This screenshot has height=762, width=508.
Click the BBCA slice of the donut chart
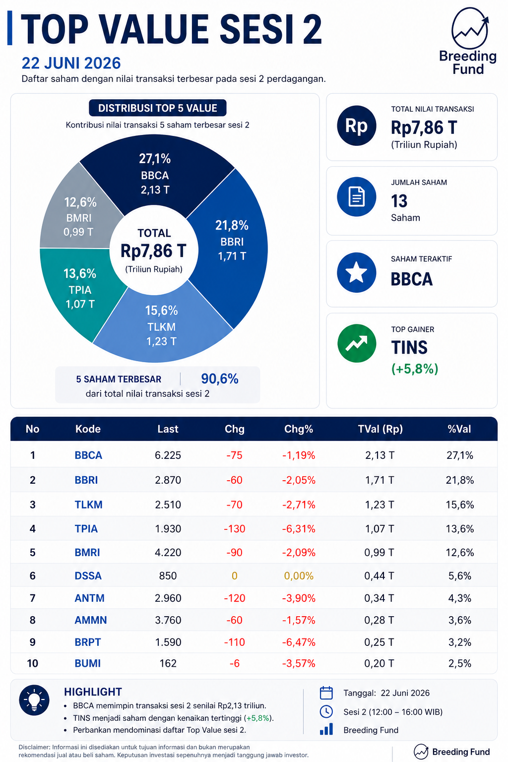coord(155,174)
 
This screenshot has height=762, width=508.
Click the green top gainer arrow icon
coord(357,343)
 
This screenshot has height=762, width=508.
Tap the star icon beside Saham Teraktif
coord(357,272)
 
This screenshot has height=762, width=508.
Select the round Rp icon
coord(357,126)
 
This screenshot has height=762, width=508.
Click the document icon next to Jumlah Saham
coord(357,196)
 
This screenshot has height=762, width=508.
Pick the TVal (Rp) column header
coord(380,429)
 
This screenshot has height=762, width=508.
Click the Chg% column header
coord(299,429)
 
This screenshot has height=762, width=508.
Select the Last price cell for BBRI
coord(168,480)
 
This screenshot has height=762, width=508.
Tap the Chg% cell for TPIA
coord(299,529)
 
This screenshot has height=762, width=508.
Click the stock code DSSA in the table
coord(88,575)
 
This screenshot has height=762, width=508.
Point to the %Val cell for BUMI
coord(460,663)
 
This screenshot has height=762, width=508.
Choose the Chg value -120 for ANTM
coord(235,598)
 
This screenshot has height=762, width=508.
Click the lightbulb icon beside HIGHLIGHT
coord(34,700)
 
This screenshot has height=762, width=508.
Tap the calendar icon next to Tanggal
coord(326,693)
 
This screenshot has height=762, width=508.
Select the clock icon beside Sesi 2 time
coord(326,712)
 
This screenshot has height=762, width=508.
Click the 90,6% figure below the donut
coord(219,379)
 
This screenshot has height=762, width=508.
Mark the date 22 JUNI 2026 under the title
coord(71,63)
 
